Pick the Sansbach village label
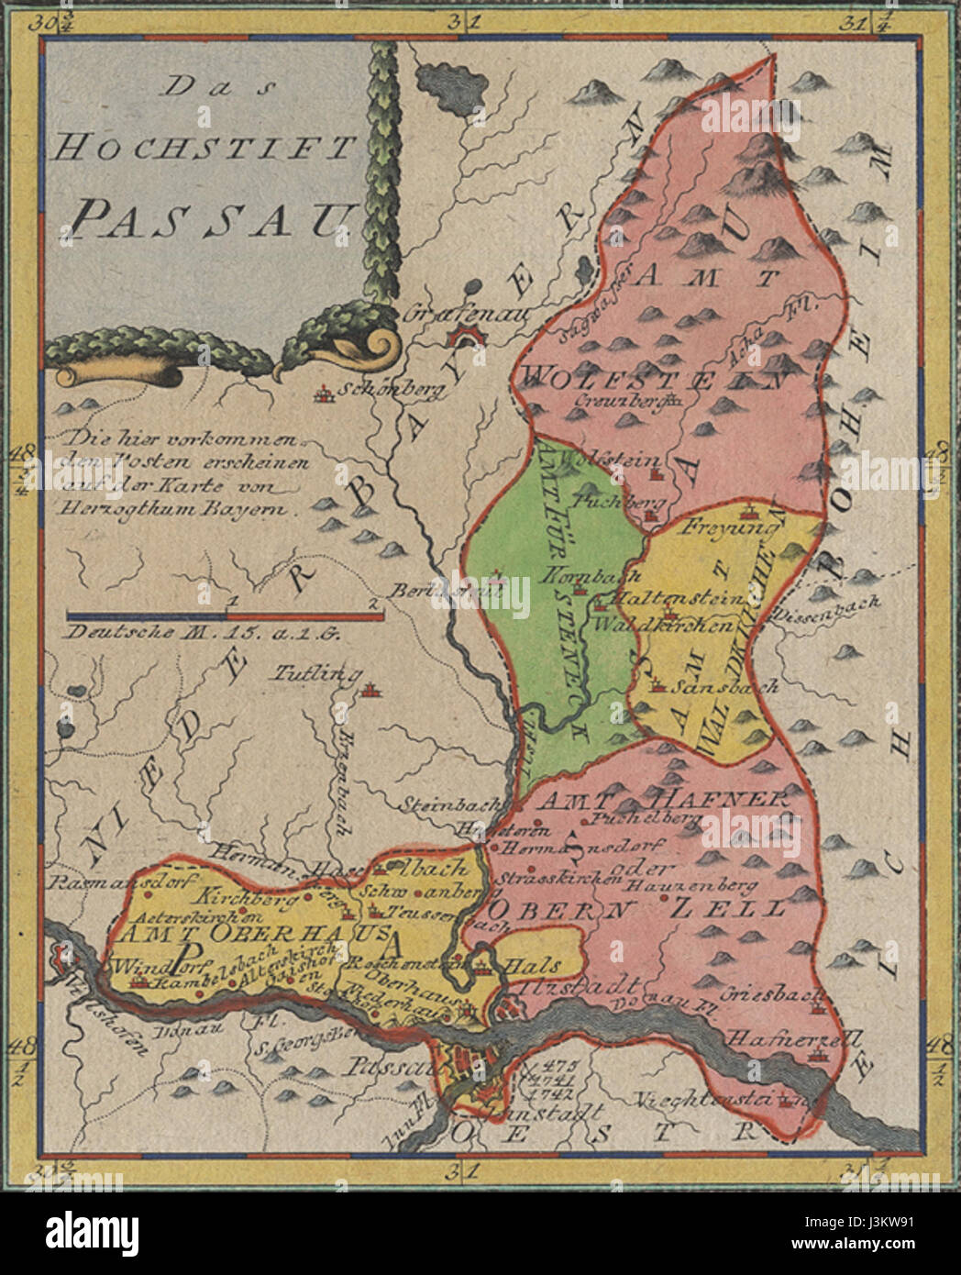pyautogui.click(x=725, y=685)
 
